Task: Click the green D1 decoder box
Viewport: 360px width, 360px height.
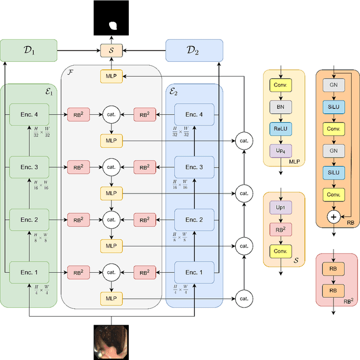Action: coord(29,50)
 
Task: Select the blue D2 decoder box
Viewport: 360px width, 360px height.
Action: coord(194,50)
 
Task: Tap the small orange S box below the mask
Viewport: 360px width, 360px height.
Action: coord(111,50)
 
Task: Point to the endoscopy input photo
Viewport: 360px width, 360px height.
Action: coord(111,343)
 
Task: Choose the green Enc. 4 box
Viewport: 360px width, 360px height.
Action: coord(29,115)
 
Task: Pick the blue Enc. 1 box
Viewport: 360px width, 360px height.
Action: coord(194,272)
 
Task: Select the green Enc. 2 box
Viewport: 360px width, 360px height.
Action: coord(29,219)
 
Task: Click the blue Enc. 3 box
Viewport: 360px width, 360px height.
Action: coord(194,167)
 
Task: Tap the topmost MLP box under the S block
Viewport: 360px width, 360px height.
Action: coord(111,75)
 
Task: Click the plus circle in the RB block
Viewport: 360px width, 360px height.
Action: coord(333,217)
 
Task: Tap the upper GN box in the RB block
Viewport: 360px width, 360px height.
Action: coord(333,85)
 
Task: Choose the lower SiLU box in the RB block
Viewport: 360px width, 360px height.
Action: coord(333,173)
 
